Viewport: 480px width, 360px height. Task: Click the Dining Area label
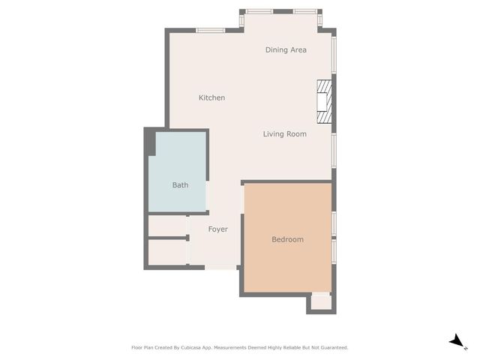pyautogui.click(x=286, y=50)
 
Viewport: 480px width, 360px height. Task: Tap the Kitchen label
pyautogui.click(x=211, y=98)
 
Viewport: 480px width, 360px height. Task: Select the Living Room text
pyautogui.click(x=284, y=134)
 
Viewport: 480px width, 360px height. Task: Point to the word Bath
pyautogui.click(x=180, y=185)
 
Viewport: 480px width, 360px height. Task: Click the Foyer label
pyautogui.click(x=217, y=229)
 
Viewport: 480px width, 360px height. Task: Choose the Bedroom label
pyautogui.click(x=287, y=239)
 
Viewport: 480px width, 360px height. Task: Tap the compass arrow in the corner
pyautogui.click(x=457, y=341)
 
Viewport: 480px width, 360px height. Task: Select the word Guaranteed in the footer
pyautogui.click(x=331, y=348)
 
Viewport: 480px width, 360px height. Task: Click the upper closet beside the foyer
pyautogui.click(x=167, y=226)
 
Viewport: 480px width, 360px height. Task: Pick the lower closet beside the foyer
pyautogui.click(x=167, y=252)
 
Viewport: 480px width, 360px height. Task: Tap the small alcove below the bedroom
pyautogui.click(x=321, y=301)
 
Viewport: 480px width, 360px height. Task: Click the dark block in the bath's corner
pyautogui.click(x=151, y=142)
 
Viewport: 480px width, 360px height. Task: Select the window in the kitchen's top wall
pyautogui.click(x=211, y=30)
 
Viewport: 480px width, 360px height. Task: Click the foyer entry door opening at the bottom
pyautogui.click(x=220, y=268)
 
